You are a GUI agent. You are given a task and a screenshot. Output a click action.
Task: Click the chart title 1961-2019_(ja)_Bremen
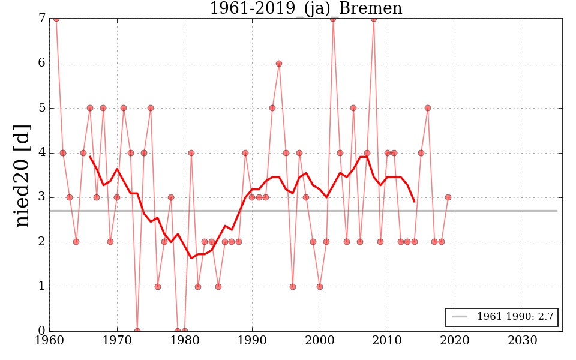point(305,8)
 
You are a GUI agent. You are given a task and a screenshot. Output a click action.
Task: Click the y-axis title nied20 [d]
point(23,175)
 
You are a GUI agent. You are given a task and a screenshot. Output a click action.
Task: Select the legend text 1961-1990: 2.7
point(515,316)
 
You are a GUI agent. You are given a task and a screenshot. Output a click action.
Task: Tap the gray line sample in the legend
point(460,316)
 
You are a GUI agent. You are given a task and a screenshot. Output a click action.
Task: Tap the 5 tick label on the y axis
point(41,109)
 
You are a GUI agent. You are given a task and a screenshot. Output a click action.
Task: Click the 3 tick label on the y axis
point(41,197)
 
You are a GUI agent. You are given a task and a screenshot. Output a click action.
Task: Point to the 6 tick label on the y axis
point(41,64)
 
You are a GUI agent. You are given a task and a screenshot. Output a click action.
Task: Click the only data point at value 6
point(279,64)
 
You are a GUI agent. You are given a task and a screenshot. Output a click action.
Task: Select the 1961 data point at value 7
point(56,19)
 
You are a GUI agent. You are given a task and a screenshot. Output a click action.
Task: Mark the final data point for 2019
point(448,197)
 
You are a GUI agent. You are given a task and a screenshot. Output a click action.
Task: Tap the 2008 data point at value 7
point(374,19)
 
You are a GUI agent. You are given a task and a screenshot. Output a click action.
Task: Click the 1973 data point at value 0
point(137,331)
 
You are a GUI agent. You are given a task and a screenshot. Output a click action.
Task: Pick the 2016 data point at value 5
point(428,108)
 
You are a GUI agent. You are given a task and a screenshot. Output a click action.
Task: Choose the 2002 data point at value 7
point(333,19)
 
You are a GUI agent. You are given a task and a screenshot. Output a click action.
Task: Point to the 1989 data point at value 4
point(245,153)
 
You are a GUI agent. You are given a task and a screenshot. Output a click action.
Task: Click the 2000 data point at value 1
point(320,286)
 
